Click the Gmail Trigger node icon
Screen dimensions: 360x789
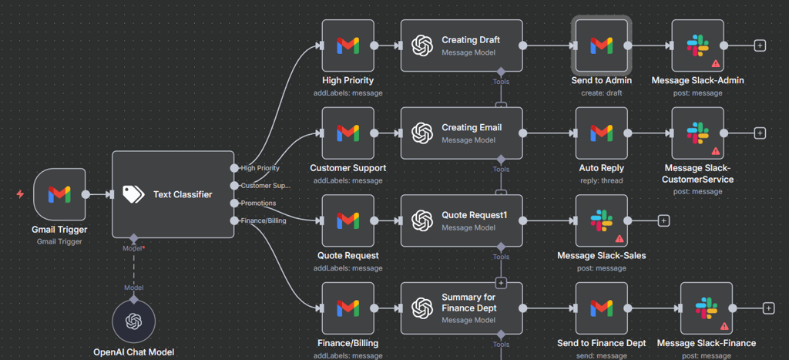[x=60, y=194]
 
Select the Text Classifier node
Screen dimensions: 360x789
[x=173, y=194]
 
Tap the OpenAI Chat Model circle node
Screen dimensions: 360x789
[x=134, y=320]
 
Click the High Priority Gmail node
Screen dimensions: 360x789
[x=347, y=45]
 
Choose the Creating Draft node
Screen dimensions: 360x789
[x=462, y=45]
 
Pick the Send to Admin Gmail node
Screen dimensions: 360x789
[x=602, y=45]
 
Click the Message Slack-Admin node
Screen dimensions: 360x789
[x=697, y=45]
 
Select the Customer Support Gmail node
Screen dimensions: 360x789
[x=347, y=133]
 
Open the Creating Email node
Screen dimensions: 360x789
[x=462, y=133]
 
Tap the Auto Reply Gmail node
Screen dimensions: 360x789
[x=602, y=133]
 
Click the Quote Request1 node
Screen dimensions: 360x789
[x=462, y=220]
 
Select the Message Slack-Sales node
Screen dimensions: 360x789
[x=602, y=220]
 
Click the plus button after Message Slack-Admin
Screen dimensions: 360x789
[x=760, y=45]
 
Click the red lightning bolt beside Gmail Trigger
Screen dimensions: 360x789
[x=20, y=194]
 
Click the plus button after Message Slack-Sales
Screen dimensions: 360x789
[x=663, y=220]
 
